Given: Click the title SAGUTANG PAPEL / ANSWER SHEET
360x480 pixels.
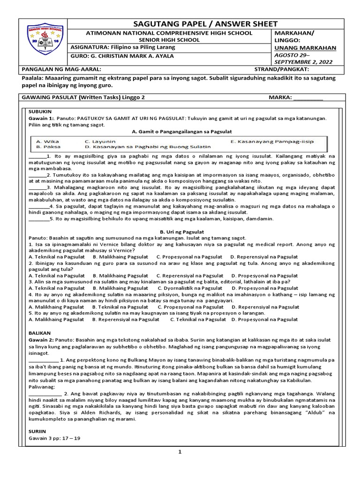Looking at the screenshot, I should [200, 24].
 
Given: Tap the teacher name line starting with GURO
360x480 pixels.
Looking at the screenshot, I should [122, 56].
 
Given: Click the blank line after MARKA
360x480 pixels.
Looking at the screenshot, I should [308, 97].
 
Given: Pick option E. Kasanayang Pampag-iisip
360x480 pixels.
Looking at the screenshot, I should [272, 141].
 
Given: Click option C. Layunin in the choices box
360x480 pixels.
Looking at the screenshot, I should [100, 141].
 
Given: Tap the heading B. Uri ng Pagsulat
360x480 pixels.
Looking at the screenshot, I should [180, 232].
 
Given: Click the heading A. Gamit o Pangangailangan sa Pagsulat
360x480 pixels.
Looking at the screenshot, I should [180, 131].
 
